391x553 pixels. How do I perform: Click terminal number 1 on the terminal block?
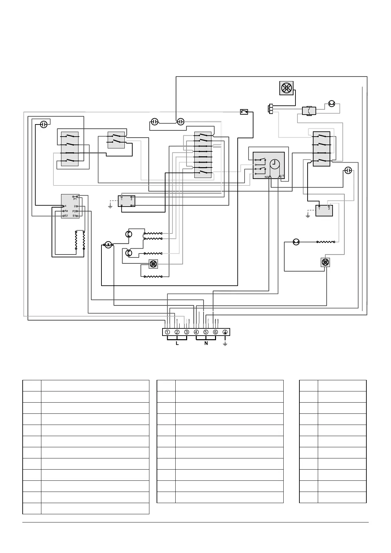[x=167, y=332]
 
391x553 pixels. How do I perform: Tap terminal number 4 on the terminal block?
[x=196, y=332]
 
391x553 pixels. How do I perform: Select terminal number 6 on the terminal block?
[x=215, y=332]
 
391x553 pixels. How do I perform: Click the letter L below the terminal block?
[x=177, y=343]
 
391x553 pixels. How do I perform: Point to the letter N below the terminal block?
[x=206, y=343]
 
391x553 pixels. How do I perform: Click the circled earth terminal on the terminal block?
[x=225, y=332]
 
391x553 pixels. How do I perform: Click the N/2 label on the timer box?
[x=267, y=177]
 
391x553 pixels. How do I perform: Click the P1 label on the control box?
[x=75, y=199]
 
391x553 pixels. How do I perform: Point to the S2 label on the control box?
[x=66, y=216]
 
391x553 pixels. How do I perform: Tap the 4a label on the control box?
[x=66, y=211]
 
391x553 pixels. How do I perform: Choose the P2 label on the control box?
[x=74, y=211]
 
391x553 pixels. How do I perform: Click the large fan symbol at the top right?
[x=286, y=88]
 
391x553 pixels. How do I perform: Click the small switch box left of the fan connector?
[x=244, y=112]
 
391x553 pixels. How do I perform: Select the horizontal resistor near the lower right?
[x=325, y=242]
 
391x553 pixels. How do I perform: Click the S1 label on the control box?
[x=74, y=216]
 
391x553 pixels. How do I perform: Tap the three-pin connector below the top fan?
[x=271, y=109]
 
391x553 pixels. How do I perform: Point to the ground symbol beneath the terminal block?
[x=225, y=343]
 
